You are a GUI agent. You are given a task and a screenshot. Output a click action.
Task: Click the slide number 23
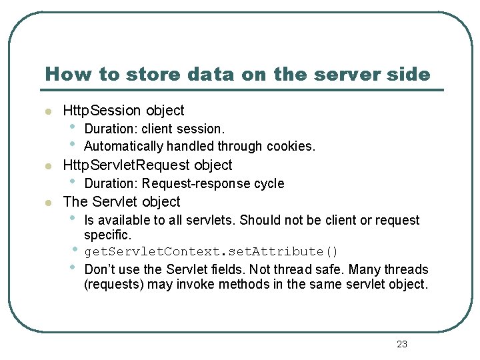(401, 344)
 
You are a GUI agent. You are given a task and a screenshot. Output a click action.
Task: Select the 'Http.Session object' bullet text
(123, 111)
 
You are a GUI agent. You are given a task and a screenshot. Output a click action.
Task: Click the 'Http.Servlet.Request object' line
(147, 165)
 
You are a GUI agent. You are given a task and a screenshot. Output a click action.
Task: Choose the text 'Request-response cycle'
(213, 183)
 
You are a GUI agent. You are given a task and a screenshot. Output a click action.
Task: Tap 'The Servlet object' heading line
(121, 201)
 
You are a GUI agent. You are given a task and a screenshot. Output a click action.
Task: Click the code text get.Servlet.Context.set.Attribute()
(211, 251)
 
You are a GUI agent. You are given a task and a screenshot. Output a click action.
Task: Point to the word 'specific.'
(108, 235)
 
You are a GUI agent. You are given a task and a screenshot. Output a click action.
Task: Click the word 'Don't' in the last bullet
(97, 269)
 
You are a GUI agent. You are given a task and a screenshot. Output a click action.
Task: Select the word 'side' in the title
(411, 74)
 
